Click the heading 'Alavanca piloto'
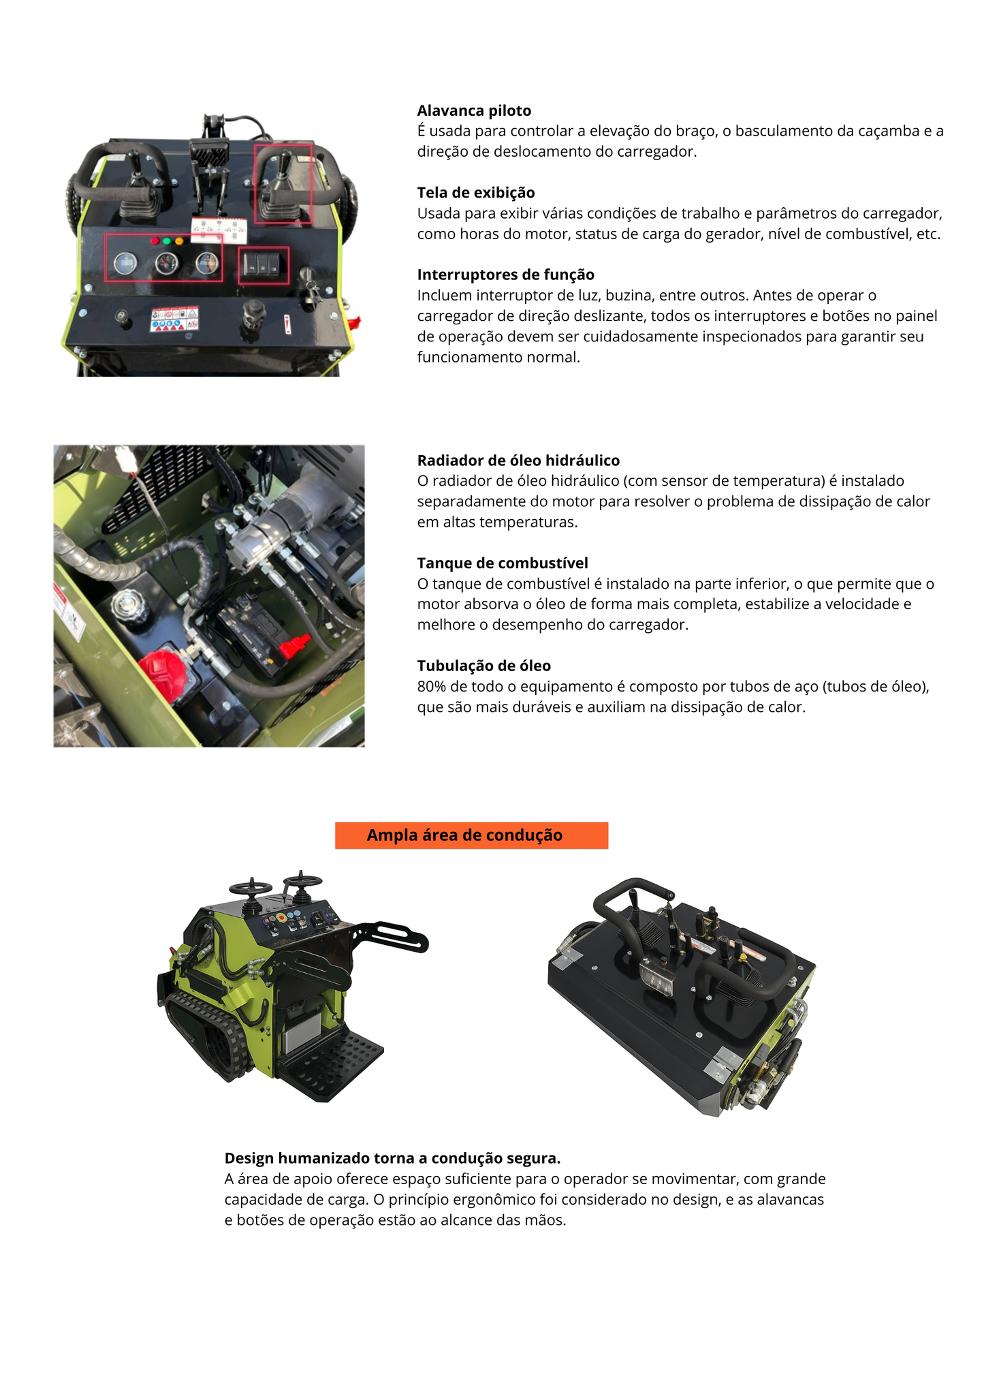pyautogui.click(x=474, y=110)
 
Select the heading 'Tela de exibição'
pyautogui.click(x=475, y=192)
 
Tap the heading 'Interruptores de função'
pyautogui.click(x=505, y=275)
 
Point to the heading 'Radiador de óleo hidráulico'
pyautogui.click(x=518, y=461)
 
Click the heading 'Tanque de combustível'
pyautogui.click(x=503, y=563)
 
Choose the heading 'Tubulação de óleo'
pyautogui.click(x=483, y=666)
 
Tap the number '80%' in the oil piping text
pyautogui.click(x=431, y=687)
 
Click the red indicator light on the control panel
pyautogui.click(x=155, y=241)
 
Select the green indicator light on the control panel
pyautogui.click(x=167, y=241)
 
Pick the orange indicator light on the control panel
pyautogui.click(x=179, y=241)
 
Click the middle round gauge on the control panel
pyautogui.click(x=165, y=262)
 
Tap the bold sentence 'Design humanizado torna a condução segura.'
pyautogui.click(x=392, y=1158)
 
